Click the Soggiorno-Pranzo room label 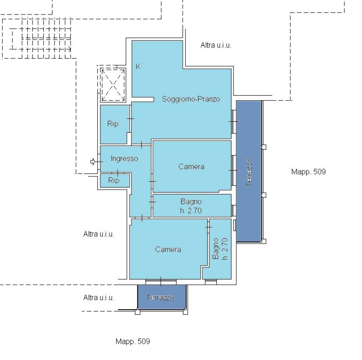191,99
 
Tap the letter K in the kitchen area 138,67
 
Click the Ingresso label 124,158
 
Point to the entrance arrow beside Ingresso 92,162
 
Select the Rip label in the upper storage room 113,124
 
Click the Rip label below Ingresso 114,180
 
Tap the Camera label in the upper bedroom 191,167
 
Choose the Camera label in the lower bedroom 168,249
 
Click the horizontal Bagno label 191,202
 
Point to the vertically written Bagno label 216,249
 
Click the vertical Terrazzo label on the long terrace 249,172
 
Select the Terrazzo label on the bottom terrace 160,298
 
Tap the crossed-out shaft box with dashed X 113,85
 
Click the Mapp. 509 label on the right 308,172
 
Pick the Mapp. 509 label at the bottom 133,341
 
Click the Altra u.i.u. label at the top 216,45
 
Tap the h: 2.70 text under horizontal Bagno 191,211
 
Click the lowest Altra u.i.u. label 99,298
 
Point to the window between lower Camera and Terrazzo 161,281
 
